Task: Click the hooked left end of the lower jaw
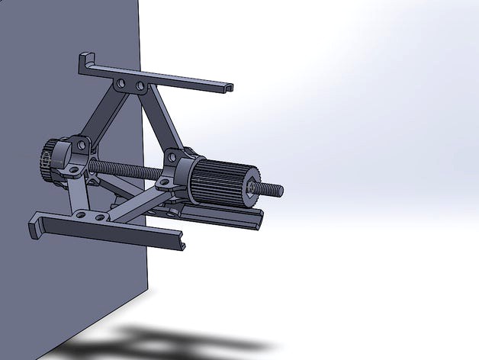click(x=35, y=227)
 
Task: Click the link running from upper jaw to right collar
click(x=160, y=122)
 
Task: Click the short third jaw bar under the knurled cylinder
click(x=229, y=219)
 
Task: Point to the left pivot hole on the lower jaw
click(x=79, y=216)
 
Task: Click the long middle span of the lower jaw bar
click(x=114, y=230)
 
